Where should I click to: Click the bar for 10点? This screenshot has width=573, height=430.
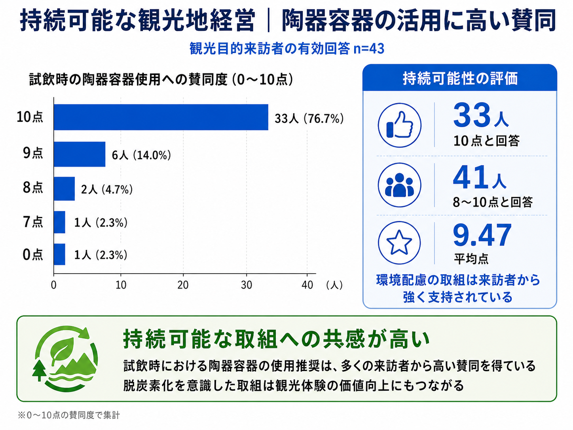pos(161,117)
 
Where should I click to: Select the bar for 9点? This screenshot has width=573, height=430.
pos(80,154)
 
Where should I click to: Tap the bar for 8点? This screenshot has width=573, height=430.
pos(64,188)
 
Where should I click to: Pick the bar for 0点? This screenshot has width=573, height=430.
pos(59,254)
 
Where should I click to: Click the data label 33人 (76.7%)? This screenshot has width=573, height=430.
pos(309,118)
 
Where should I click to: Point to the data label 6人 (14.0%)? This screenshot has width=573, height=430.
pos(141,155)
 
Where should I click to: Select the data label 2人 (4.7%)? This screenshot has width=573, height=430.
pos(107,189)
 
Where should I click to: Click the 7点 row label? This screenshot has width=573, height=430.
pos(32,222)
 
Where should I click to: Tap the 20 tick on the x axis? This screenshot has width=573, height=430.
pos(183,285)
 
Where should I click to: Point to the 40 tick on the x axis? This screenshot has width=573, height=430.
pos(307,285)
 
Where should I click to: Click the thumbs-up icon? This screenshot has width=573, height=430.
pos(399,125)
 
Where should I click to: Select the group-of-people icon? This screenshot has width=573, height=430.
pos(399,185)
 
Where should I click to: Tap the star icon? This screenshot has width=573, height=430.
pos(399,243)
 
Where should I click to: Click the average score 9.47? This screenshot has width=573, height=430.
pos(482,236)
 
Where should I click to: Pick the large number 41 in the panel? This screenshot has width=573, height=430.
pos(471,177)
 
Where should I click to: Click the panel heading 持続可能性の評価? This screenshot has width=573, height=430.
pos(460,78)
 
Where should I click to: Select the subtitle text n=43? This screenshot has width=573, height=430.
pos(368,48)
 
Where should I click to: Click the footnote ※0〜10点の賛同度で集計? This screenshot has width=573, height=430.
pos(69,415)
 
